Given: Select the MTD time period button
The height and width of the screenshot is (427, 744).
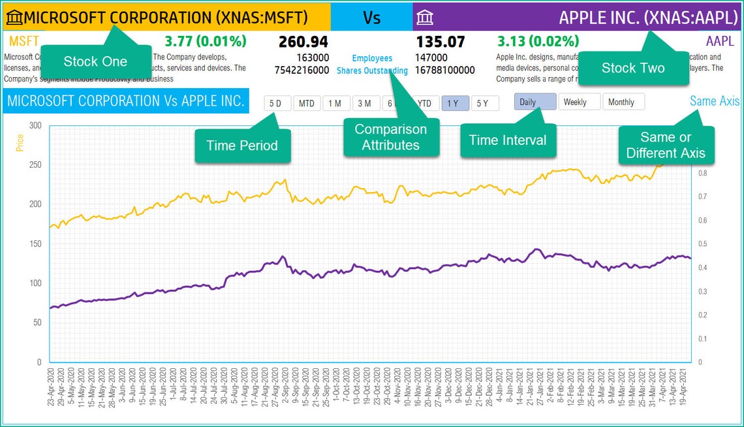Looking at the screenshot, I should click(x=306, y=103).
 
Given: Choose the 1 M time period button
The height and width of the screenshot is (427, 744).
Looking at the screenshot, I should click(x=335, y=103).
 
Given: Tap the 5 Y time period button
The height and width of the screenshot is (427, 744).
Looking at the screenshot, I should click(x=484, y=103).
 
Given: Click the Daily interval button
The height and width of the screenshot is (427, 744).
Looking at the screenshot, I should click(x=535, y=102).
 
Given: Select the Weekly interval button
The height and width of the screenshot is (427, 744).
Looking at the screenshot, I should click(x=578, y=102).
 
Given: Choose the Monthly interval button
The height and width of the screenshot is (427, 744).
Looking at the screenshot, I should click(x=623, y=102).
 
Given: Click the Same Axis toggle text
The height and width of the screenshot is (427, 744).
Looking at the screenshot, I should click(x=715, y=101).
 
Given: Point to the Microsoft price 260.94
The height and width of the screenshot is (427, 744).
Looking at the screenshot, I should click(x=303, y=42).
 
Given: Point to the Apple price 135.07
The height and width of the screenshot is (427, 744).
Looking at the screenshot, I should click(x=440, y=42).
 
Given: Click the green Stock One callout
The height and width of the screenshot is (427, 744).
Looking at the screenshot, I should click(x=95, y=62).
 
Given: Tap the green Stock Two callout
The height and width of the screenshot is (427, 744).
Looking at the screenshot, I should click(x=632, y=68).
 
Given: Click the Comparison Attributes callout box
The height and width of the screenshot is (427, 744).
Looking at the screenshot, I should click(x=390, y=137).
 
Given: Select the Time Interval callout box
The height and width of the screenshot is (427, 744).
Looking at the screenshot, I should click(x=507, y=140).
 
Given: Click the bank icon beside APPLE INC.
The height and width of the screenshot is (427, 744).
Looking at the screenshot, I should click(x=424, y=17).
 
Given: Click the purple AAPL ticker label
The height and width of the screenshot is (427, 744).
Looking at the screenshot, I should click(x=720, y=42).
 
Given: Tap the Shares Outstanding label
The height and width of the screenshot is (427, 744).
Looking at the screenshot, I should click(x=372, y=71).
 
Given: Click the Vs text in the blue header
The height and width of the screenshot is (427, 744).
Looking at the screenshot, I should click(x=371, y=17).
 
